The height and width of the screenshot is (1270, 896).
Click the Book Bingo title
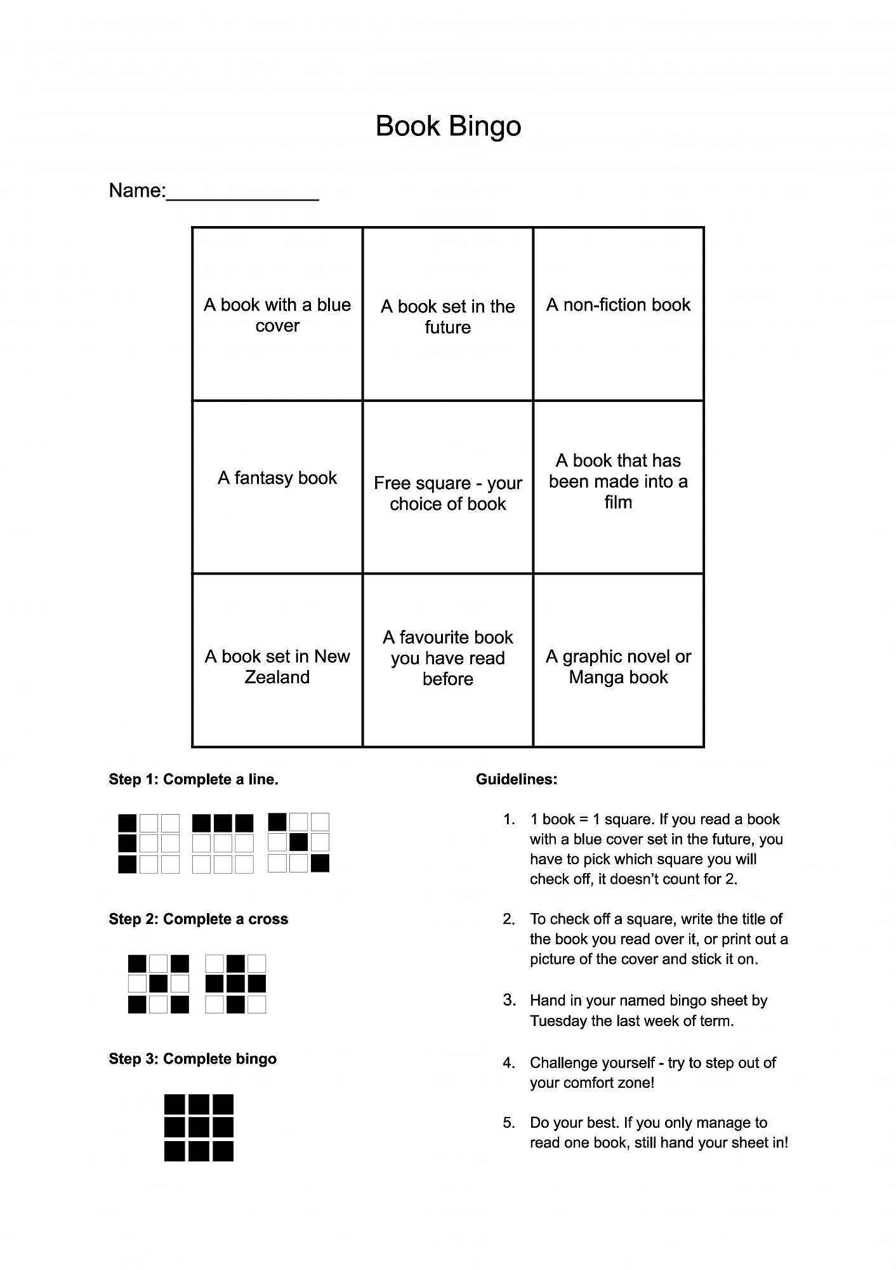448,126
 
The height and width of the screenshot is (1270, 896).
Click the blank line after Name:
242,193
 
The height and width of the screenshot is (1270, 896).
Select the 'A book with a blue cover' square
277,314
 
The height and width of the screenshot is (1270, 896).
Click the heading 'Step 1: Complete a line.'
194,779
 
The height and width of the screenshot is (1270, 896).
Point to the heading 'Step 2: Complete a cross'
198,919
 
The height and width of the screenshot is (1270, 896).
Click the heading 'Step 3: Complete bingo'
192,1059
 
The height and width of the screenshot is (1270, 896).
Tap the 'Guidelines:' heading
517,779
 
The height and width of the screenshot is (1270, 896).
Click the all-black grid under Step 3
199,1127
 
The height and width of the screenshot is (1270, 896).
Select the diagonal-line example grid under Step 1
298,843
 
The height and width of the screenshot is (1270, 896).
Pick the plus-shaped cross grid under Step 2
235,984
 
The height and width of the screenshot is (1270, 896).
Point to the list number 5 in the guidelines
508,1123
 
